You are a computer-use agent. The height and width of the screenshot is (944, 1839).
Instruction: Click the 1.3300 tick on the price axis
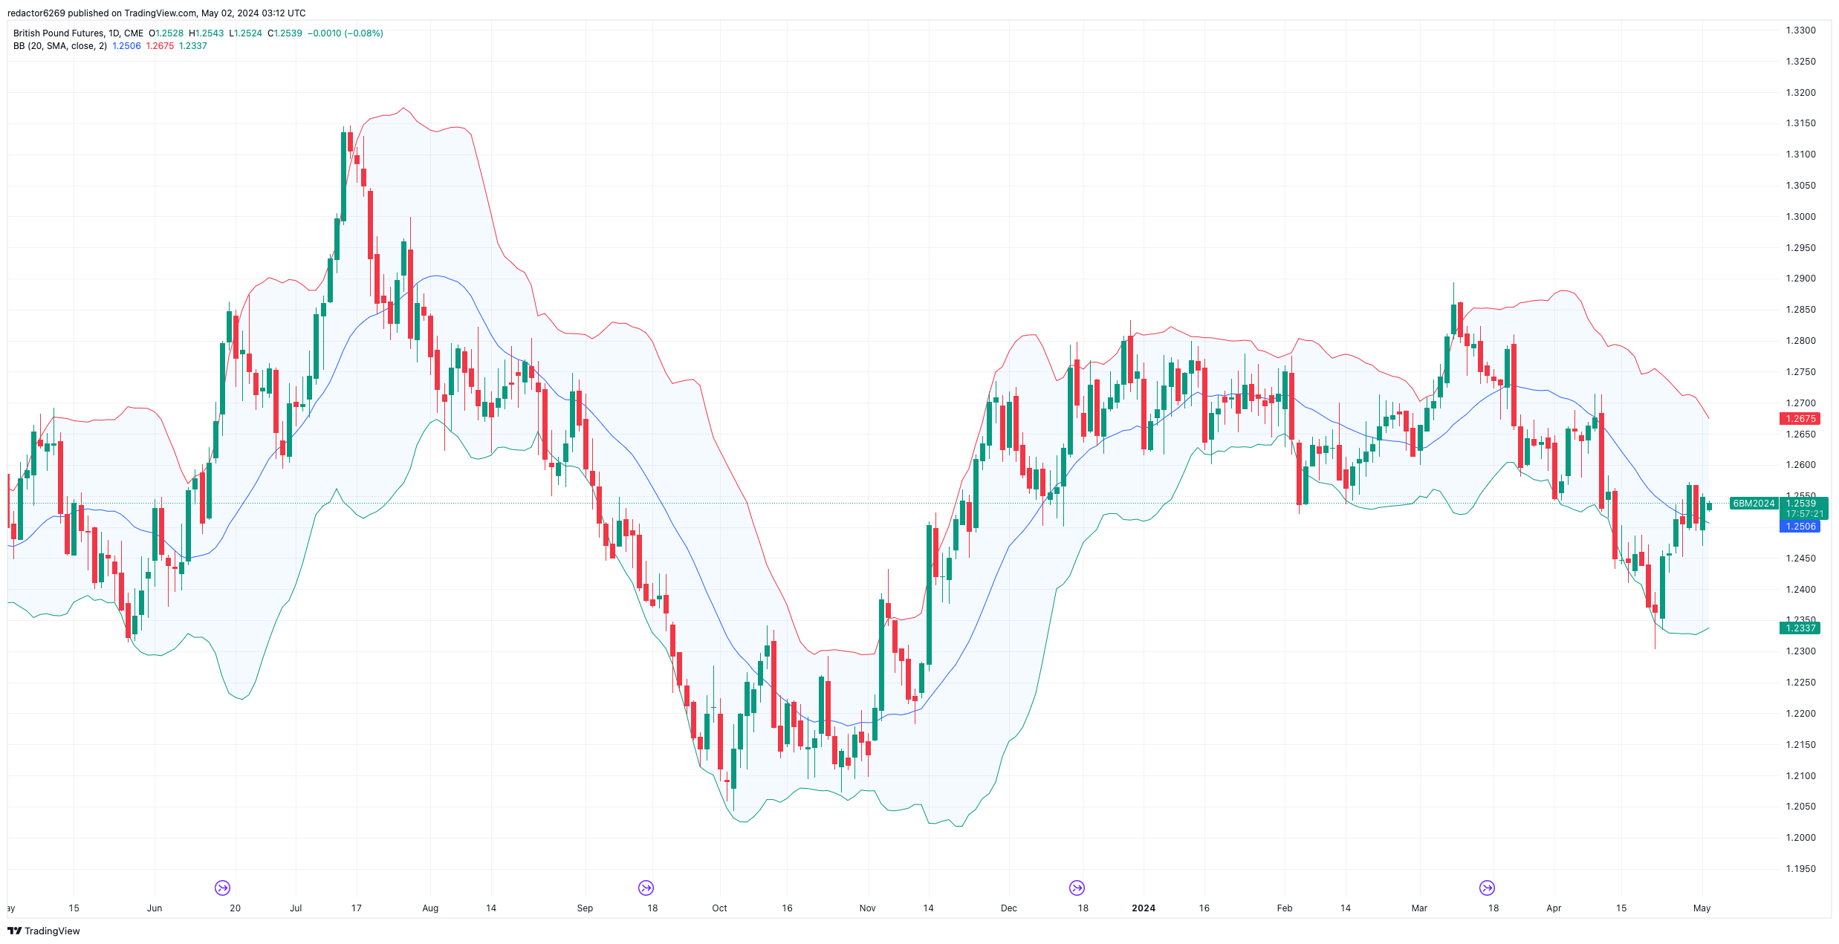1800,30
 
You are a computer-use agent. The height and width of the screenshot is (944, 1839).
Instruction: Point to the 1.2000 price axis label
1800,838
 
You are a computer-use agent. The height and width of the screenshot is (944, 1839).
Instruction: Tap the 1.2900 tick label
1800,279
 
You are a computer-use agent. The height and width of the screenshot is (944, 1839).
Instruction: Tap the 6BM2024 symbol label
1754,504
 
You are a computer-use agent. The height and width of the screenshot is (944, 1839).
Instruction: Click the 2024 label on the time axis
1143,908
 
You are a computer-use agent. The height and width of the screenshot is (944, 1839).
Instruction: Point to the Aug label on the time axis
430,908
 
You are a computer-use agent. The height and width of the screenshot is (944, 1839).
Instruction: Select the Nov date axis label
867,908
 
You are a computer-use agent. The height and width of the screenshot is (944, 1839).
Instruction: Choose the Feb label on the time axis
1284,908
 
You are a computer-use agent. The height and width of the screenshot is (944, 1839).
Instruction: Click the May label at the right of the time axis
1702,908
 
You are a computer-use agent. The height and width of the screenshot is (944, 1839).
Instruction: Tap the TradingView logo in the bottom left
44,931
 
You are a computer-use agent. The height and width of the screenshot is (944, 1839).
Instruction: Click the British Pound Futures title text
59,33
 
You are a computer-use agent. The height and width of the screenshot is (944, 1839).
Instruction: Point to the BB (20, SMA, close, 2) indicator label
60,46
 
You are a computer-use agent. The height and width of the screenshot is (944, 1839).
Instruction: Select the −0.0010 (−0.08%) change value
346,33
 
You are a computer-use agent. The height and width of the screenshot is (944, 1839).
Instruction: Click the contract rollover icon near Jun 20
222,888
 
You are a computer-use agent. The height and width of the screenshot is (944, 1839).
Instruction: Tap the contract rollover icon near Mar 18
1487,888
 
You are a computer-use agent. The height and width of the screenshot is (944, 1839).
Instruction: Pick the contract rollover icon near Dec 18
1077,888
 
